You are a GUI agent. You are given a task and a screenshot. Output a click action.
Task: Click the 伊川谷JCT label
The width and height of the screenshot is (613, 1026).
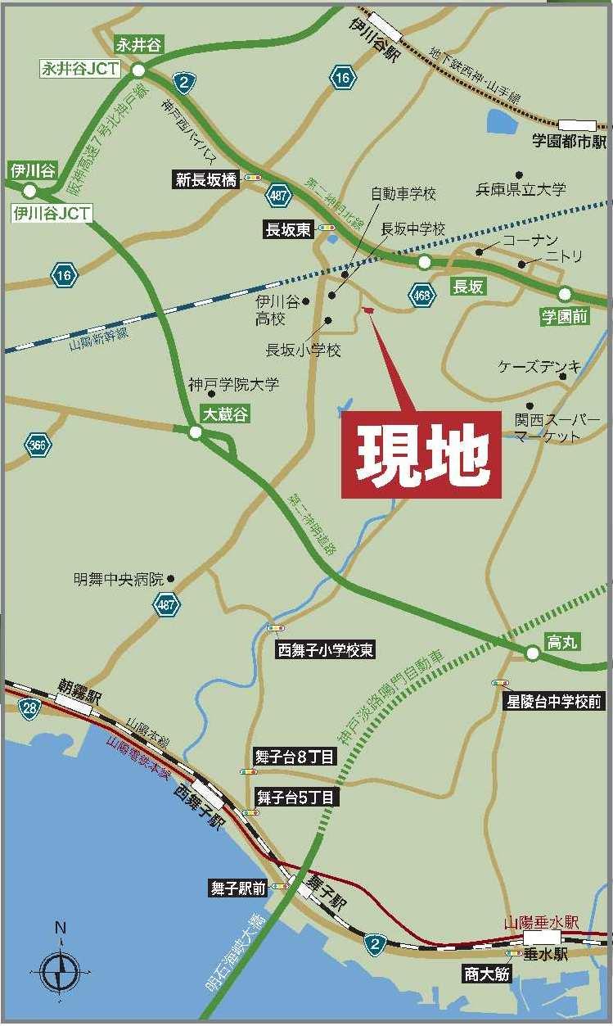tap(51, 214)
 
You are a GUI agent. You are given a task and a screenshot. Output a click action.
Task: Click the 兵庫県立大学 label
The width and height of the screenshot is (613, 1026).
tap(521, 189)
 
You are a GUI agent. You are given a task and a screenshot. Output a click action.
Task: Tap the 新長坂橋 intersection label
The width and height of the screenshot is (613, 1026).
tap(206, 180)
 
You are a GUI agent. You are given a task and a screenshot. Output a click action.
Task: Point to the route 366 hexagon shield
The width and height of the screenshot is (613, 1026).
tap(38, 445)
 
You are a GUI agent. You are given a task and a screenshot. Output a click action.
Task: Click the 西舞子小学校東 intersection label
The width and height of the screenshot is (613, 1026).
tap(326, 650)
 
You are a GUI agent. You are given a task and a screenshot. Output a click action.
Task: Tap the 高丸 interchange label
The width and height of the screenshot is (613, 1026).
tap(562, 643)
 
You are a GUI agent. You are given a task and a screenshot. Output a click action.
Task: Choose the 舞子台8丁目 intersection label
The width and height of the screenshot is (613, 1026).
tap(295, 757)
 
